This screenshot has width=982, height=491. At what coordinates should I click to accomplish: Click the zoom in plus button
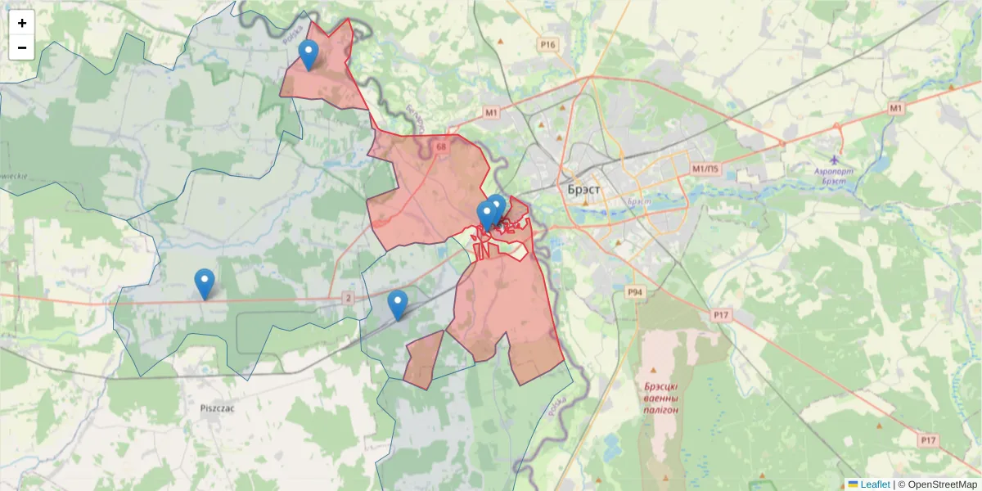[22, 23]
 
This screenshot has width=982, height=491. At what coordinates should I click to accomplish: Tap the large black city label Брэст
[583, 189]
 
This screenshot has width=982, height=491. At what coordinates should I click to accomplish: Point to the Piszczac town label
[218, 406]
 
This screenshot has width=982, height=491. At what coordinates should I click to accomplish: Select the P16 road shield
[547, 44]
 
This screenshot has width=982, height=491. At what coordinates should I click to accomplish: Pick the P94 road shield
[634, 291]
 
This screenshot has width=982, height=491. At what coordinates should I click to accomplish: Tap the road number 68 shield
[441, 147]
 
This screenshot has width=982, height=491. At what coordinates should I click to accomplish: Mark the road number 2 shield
[349, 298]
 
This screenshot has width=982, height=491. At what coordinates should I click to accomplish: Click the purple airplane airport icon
[834, 159]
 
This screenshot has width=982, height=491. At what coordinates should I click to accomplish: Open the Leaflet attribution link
[875, 484]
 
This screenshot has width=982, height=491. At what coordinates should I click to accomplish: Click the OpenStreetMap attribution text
[938, 484]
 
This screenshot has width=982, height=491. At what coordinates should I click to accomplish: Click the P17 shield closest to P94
[721, 314]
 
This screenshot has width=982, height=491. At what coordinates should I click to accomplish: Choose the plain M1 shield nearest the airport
[895, 108]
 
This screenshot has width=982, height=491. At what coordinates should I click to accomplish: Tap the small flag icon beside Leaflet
[853, 484]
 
